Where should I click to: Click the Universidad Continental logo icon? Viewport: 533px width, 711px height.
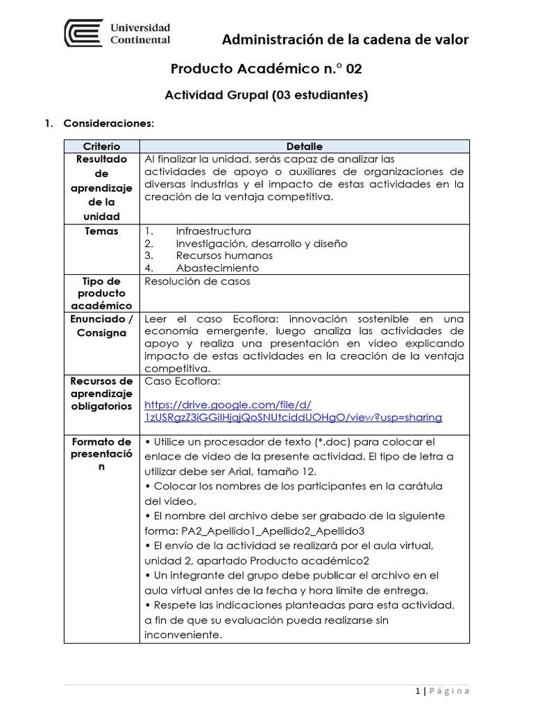[83, 33]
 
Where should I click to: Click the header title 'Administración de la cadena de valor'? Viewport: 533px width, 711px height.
[345, 40]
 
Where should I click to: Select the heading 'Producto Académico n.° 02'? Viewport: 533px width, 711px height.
[266, 69]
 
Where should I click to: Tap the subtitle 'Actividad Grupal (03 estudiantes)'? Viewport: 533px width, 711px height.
[266, 96]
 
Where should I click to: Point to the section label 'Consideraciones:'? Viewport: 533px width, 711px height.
[108, 124]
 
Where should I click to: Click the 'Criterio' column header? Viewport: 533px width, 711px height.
[101, 147]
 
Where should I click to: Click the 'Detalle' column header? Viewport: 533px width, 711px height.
[304, 147]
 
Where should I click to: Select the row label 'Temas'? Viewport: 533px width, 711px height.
[101, 231]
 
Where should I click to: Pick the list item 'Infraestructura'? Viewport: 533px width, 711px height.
[214, 231]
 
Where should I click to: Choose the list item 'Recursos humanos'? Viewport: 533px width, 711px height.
[224, 256]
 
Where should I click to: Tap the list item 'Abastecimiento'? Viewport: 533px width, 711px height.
[217, 268]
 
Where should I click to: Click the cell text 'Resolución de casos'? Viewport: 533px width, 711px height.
[197, 281]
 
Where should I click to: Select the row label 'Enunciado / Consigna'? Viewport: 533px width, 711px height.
[101, 326]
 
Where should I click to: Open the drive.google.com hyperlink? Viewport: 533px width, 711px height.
[292, 411]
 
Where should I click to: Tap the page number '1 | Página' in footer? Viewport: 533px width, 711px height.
[442, 691]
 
